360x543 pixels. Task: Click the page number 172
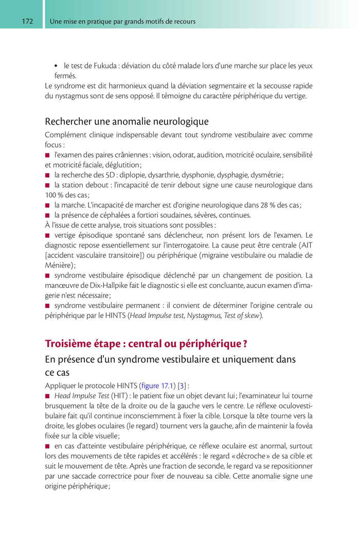point(27,22)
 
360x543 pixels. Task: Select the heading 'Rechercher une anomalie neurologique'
point(127,121)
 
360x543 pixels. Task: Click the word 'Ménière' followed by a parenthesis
point(59,265)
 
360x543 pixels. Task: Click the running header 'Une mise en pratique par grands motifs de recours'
point(122,22)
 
